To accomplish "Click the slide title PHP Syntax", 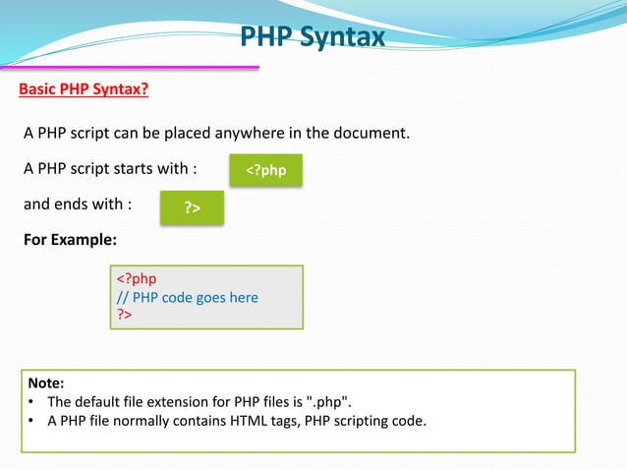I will coord(313,38).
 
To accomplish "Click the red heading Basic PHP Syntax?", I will coord(85,90).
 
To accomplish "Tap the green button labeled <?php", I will coord(265,170).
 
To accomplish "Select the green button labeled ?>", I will coord(192,208).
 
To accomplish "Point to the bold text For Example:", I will coord(70,240).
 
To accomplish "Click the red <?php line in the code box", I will coord(137,279).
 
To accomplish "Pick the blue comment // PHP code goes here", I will coord(188,297).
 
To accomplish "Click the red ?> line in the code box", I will coord(125,314).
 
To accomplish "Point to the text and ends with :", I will coord(78,205).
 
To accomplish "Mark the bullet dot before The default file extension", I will coord(32,402).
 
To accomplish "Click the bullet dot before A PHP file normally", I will coord(32,422).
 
